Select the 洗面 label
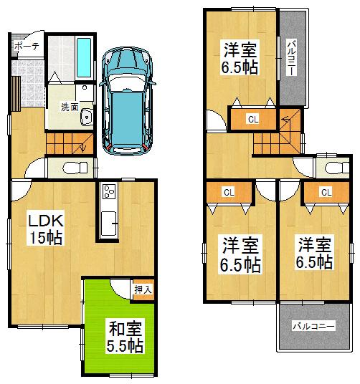point(70,107)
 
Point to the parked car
point(128,100)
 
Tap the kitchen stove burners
point(110,193)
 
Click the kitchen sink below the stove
point(110,224)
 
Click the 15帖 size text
point(45,238)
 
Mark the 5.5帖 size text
point(125,347)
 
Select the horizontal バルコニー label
point(313,326)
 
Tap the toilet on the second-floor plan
point(332,168)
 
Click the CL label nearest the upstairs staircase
point(253,119)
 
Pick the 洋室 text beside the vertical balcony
point(240,51)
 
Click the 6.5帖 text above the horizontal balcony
point(314,261)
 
